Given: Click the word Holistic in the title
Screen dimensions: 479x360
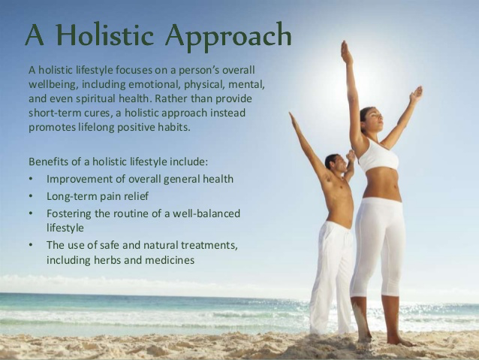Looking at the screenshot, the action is pos(105,35).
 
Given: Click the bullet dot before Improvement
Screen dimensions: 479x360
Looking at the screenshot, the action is pos(31,179).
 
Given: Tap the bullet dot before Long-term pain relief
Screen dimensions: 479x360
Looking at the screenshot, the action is pos(31,196).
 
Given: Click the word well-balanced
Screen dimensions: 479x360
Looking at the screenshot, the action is pos(206,213).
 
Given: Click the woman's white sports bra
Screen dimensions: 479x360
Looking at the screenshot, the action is pos(378,156).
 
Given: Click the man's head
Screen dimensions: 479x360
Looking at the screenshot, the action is pos(336,163).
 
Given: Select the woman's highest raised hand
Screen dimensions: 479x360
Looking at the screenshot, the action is pos(347,53).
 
